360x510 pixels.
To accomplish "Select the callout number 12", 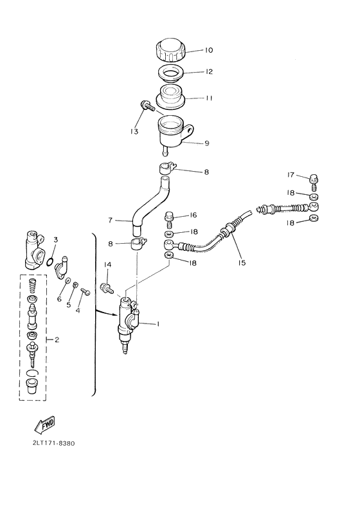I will pos(208,72).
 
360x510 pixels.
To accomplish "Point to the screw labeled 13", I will pos(143,107).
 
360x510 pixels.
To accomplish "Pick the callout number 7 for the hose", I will pos(111,220).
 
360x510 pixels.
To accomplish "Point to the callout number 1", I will pos(157,324).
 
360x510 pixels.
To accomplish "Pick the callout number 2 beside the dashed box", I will pos(57,340).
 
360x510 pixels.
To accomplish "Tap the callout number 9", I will pos(207,143).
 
